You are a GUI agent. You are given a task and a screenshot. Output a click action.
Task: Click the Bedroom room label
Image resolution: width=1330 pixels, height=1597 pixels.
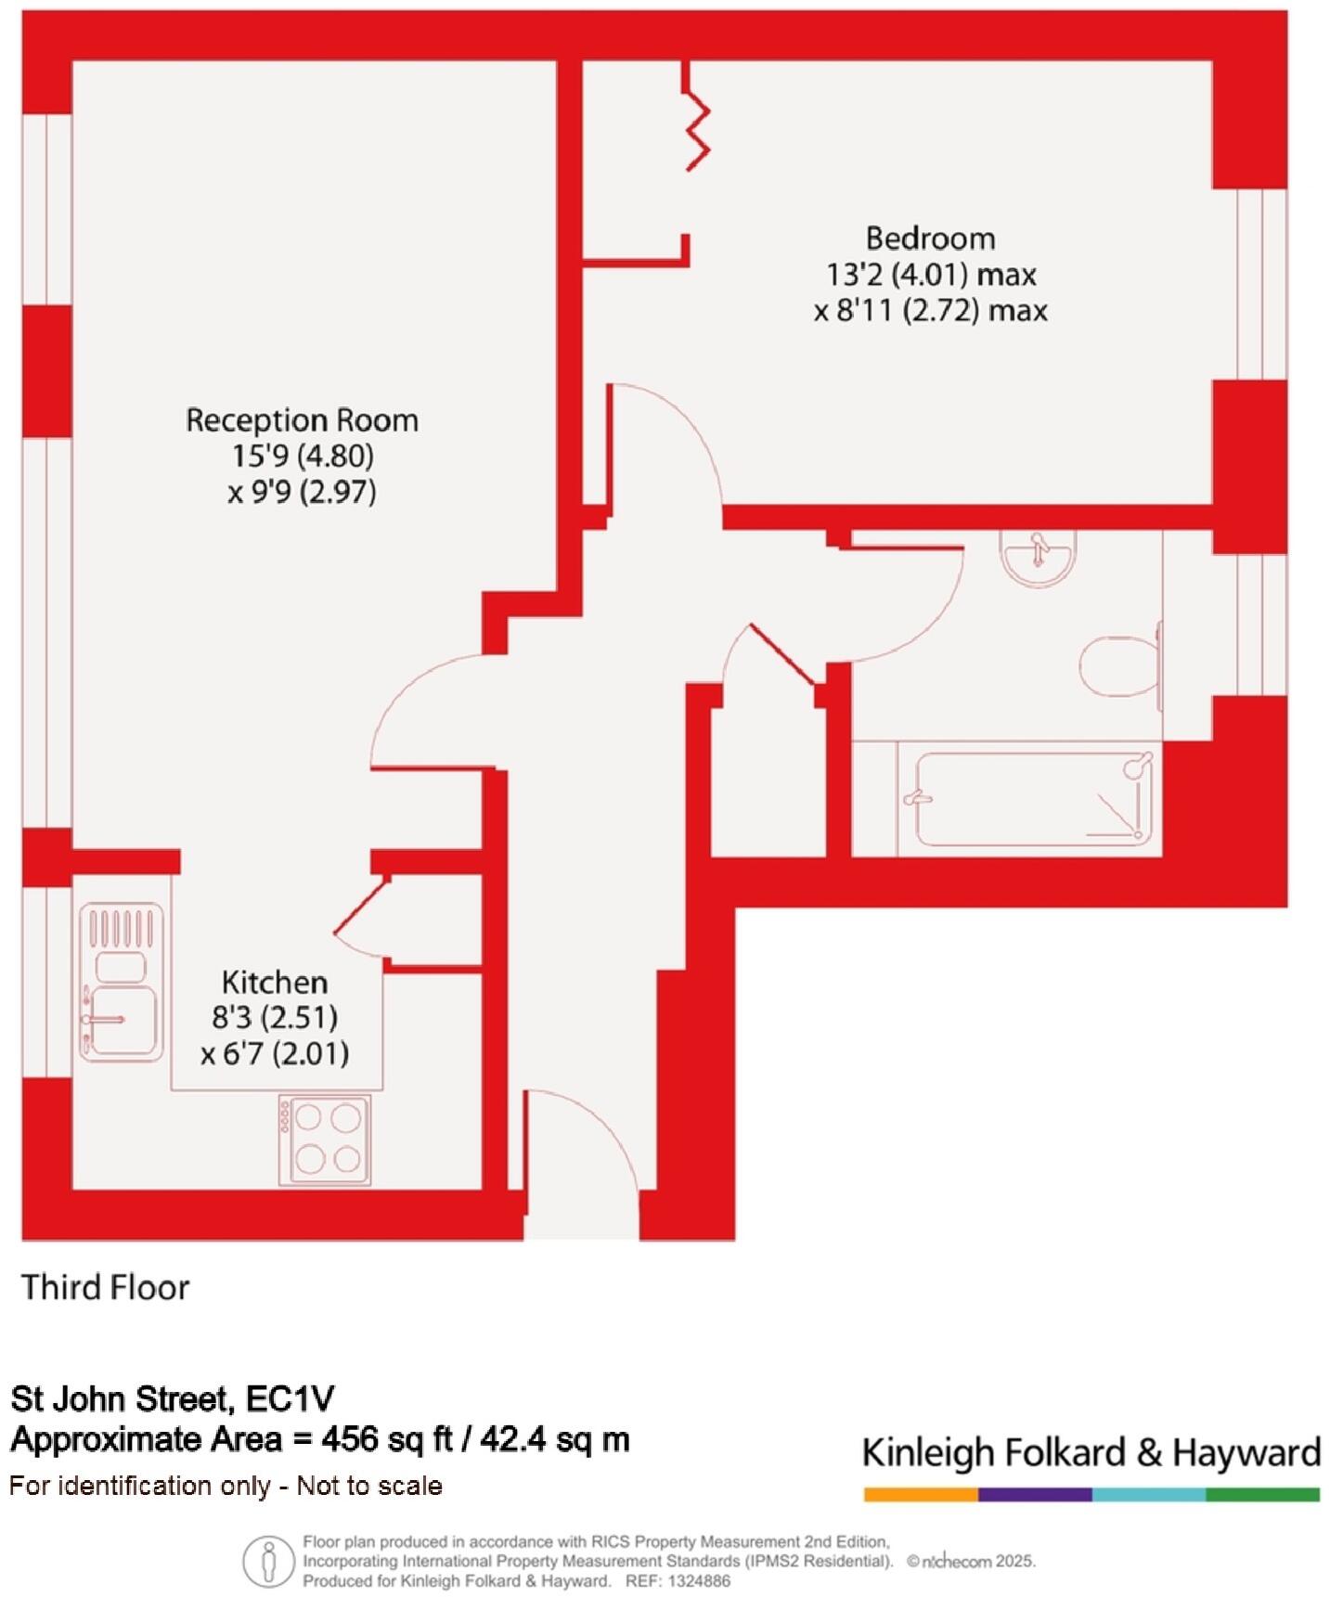click(x=930, y=239)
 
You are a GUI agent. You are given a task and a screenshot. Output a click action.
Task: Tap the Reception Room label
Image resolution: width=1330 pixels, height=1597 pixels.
click(x=302, y=420)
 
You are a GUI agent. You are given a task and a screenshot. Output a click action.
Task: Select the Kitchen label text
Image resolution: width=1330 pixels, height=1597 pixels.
click(x=274, y=982)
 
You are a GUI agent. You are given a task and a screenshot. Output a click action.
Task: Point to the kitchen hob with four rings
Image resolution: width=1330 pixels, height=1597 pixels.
click(x=326, y=1140)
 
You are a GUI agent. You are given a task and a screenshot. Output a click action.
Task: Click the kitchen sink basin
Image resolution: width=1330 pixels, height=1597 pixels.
click(x=121, y=1021)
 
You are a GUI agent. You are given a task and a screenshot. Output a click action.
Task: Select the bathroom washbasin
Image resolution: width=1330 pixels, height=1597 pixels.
click(x=1039, y=557)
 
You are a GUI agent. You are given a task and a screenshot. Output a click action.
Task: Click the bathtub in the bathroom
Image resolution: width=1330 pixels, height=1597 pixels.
click(x=1033, y=799)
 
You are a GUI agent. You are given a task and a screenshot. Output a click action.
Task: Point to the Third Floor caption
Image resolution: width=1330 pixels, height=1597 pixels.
click(x=106, y=1288)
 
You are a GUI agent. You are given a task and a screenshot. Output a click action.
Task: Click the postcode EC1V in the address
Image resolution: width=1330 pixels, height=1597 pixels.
click(x=291, y=1398)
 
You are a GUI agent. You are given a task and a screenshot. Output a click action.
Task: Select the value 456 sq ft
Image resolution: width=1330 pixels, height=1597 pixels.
click(x=387, y=1439)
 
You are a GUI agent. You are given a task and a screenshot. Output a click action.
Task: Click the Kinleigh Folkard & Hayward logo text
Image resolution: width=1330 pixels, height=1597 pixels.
click(x=1091, y=1452)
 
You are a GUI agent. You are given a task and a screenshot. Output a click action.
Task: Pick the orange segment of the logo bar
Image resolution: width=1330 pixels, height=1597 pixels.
click(x=920, y=1495)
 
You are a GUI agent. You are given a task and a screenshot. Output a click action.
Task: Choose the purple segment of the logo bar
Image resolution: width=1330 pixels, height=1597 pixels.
click(x=1035, y=1495)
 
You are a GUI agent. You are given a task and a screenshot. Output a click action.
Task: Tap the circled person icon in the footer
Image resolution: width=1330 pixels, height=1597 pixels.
click(x=269, y=1561)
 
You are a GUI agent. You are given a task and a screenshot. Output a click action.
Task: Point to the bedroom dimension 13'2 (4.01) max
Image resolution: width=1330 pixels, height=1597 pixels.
click(x=931, y=275)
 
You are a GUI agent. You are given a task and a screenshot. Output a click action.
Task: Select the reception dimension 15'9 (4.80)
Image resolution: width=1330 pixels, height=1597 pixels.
click(x=303, y=456)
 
